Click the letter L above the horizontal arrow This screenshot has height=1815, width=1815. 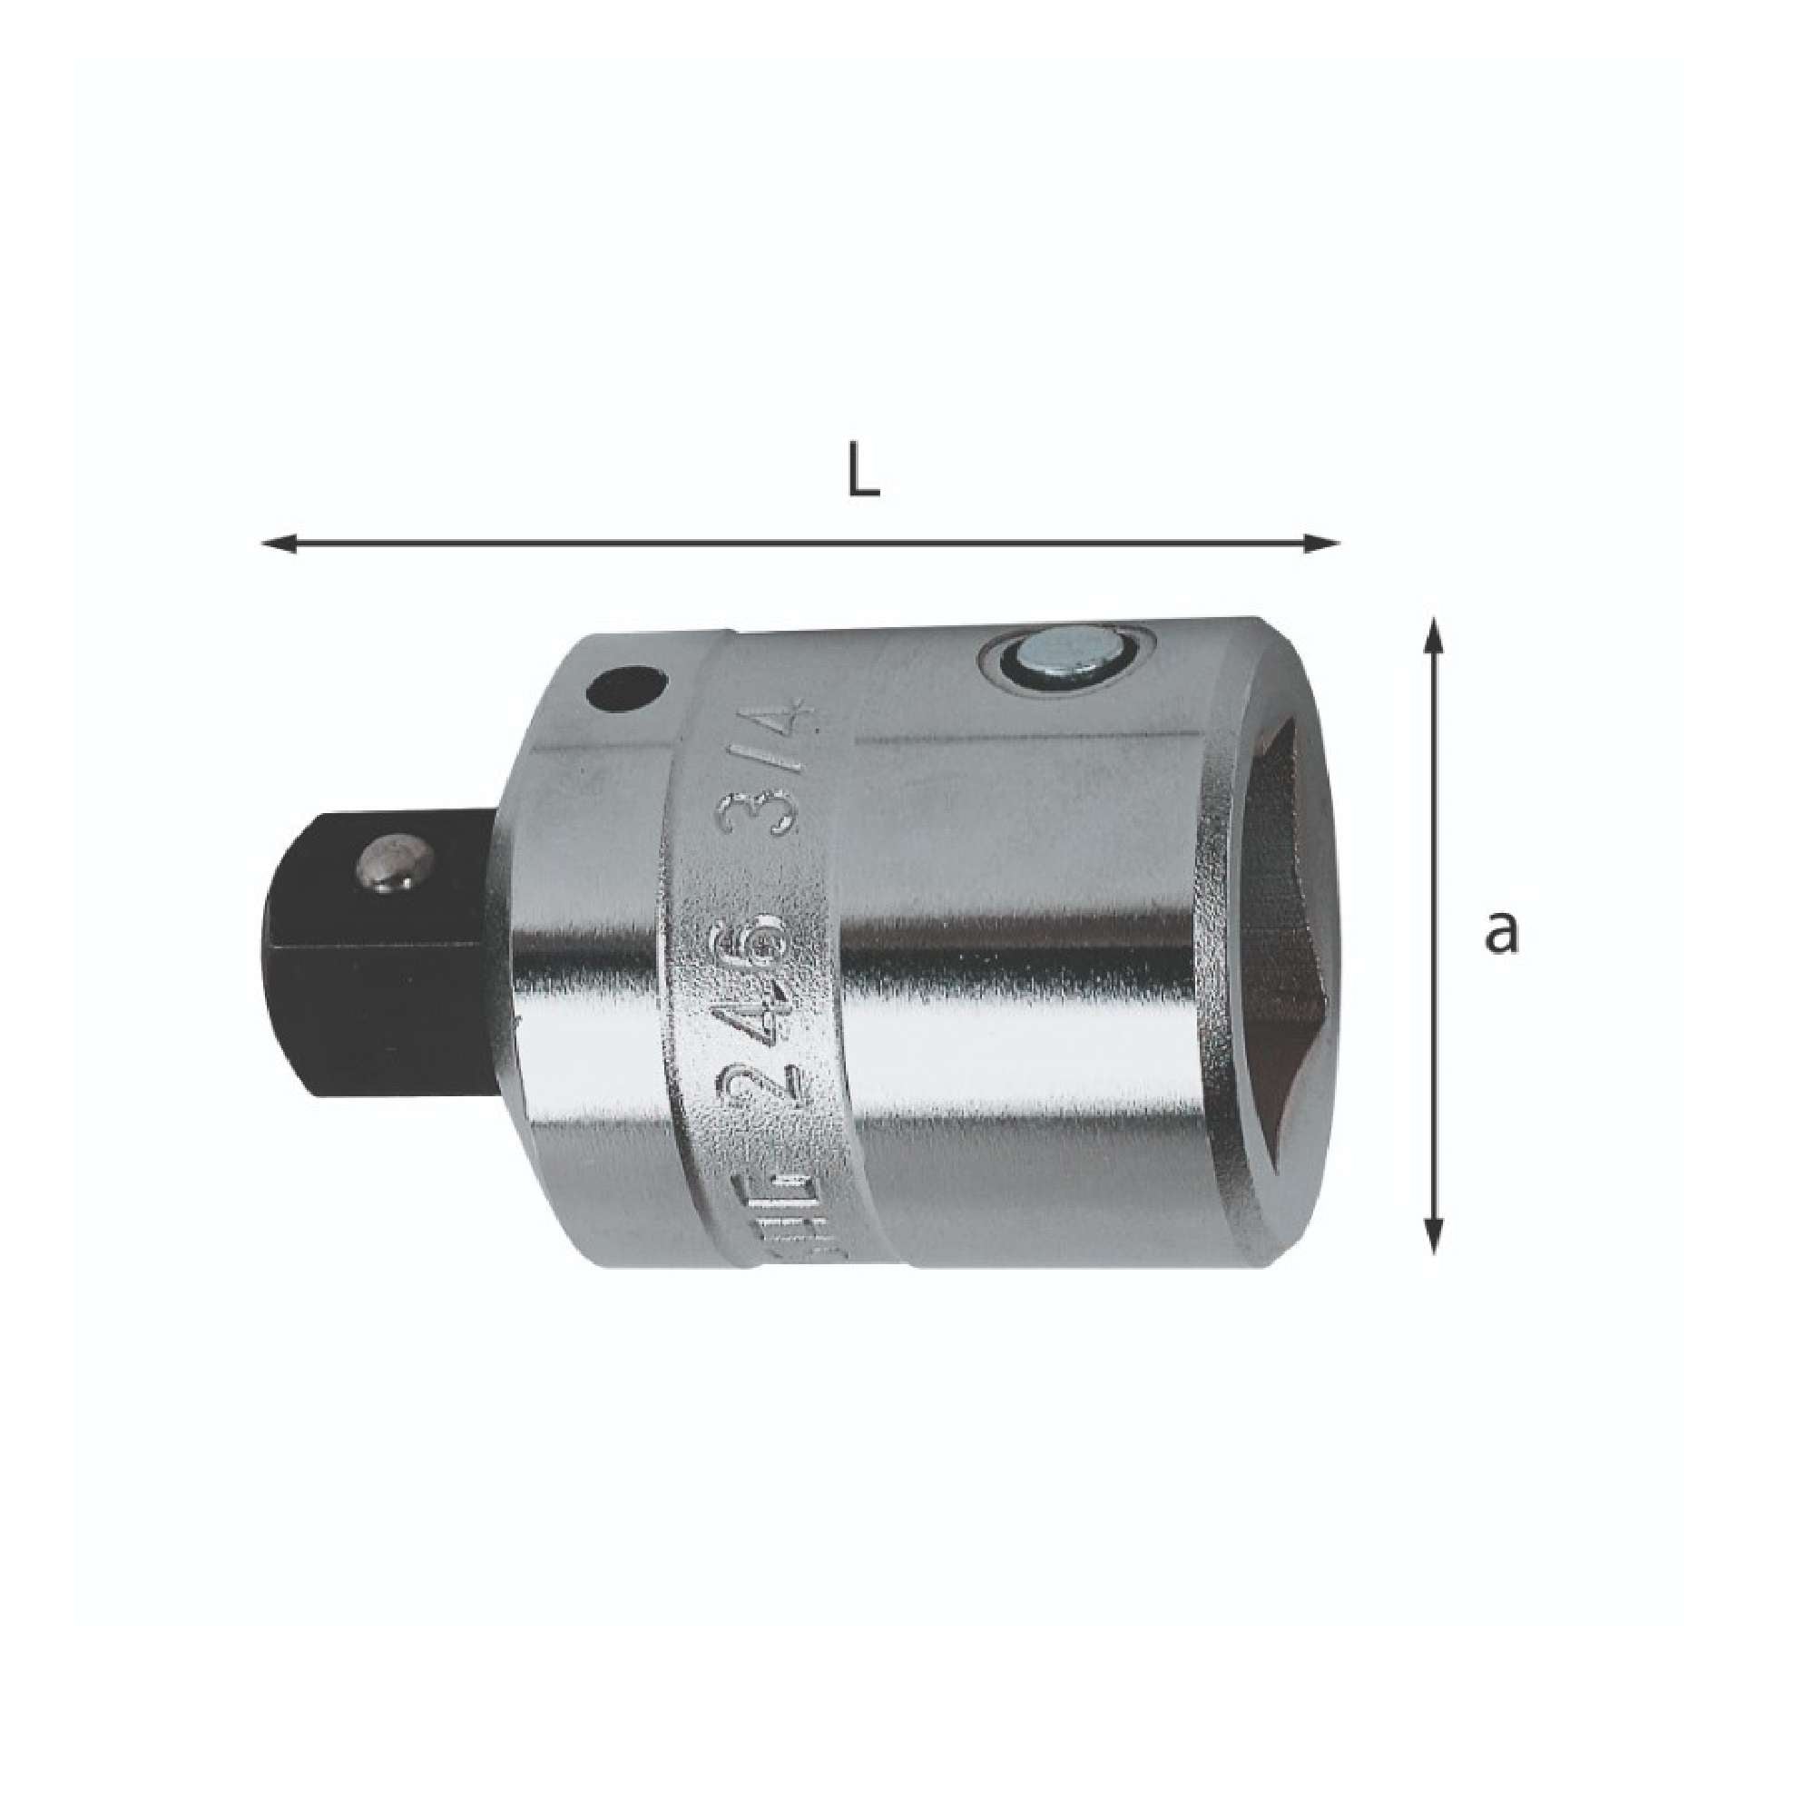point(862,477)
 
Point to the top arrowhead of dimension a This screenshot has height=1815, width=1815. point(1433,635)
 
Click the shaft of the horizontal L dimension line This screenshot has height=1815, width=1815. point(799,543)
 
